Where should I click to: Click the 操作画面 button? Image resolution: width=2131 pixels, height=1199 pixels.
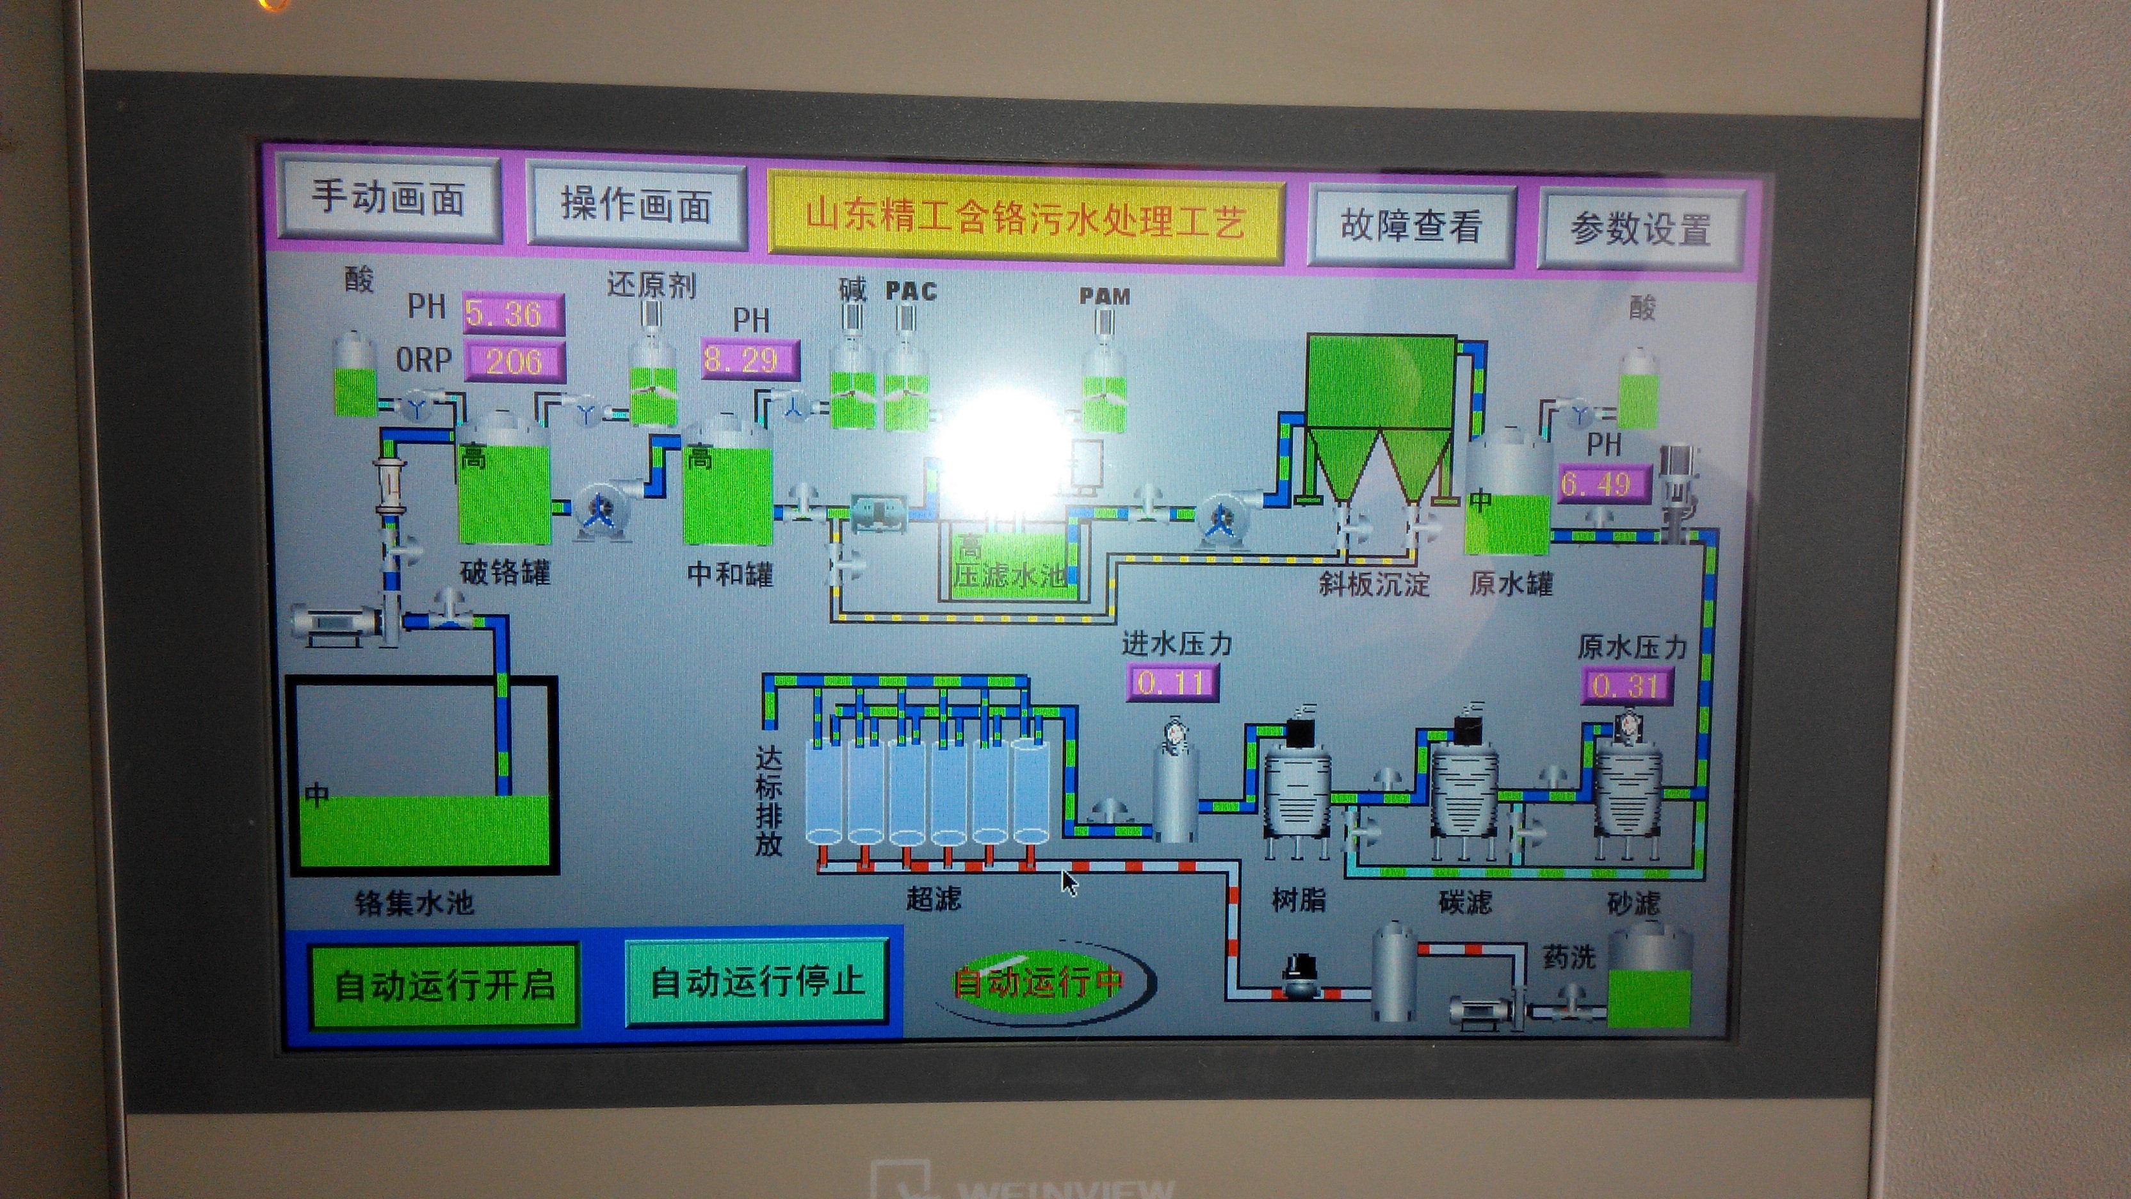click(x=635, y=204)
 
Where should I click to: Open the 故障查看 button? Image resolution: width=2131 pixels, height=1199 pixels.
click(x=1411, y=225)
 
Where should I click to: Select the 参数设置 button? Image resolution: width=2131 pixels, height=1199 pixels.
click(x=1641, y=229)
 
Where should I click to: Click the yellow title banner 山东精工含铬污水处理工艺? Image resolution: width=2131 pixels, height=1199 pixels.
click(x=1026, y=219)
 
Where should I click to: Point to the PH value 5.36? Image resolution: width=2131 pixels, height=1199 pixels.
click(x=513, y=314)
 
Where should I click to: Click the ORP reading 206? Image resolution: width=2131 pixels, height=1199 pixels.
click(x=515, y=361)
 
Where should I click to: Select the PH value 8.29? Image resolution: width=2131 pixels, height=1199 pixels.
click(x=749, y=360)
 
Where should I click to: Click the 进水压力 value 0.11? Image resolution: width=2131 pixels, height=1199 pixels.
click(x=1171, y=682)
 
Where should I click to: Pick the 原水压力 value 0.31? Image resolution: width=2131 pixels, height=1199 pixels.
click(x=1626, y=685)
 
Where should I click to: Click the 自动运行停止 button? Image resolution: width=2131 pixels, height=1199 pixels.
click(x=757, y=983)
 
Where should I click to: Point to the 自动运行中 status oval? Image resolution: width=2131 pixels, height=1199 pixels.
click(x=1039, y=983)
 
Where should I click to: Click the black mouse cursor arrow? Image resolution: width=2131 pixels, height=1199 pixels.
click(x=1069, y=882)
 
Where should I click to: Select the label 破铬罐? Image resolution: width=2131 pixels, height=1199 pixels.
click(x=505, y=572)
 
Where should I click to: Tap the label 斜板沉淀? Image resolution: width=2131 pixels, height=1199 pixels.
click(x=1374, y=584)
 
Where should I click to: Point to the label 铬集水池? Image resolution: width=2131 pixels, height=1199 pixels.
click(x=414, y=902)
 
